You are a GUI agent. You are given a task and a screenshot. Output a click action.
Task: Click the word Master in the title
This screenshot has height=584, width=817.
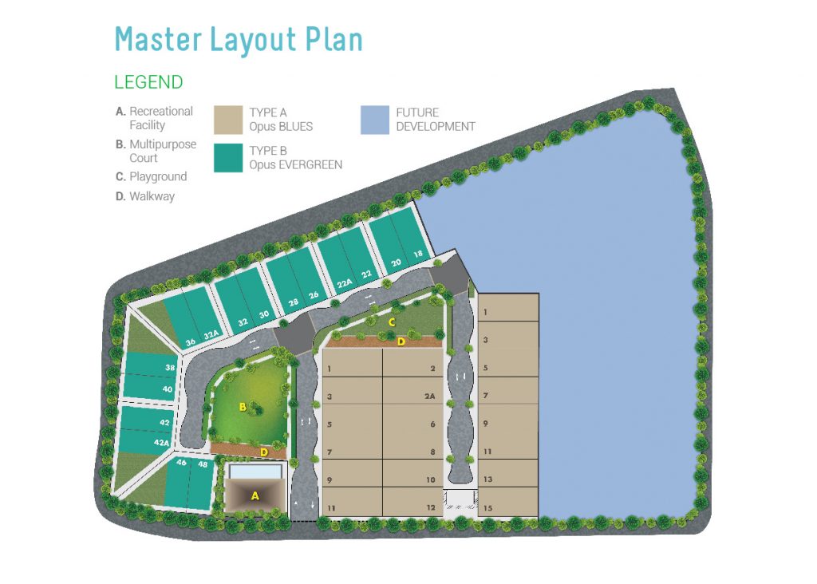(158, 40)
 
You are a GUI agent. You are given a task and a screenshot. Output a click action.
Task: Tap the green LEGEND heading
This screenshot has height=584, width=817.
(148, 82)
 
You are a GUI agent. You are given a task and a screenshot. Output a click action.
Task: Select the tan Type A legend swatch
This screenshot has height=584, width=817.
(228, 120)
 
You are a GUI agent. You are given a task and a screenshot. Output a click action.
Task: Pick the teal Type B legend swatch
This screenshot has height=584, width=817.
(228, 158)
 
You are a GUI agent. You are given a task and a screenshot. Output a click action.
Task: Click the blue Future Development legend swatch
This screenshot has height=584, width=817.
(375, 120)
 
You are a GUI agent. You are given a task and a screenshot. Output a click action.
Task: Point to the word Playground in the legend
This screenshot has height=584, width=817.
(158, 177)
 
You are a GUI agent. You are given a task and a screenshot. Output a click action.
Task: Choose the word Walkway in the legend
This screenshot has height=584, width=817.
(152, 196)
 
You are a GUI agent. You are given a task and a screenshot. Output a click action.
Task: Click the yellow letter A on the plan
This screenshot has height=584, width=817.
(255, 496)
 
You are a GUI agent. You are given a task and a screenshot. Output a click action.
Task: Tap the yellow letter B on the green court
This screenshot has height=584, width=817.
(243, 407)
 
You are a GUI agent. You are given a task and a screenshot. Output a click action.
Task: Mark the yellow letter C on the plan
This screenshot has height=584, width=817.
(392, 322)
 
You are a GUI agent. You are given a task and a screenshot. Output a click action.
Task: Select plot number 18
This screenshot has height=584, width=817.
(418, 255)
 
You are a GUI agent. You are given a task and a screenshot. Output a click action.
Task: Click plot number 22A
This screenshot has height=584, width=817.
(345, 283)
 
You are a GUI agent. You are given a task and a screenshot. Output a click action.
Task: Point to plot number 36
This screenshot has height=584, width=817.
(191, 342)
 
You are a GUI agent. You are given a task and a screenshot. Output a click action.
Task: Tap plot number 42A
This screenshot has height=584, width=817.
(161, 443)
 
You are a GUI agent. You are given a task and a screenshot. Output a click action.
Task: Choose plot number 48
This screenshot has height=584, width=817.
(203, 464)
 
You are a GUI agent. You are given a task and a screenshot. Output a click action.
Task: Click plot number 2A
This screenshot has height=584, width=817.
(429, 397)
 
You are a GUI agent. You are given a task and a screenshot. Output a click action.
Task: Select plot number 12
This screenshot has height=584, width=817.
(431, 507)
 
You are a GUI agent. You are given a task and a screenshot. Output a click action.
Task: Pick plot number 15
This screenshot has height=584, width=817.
(487, 508)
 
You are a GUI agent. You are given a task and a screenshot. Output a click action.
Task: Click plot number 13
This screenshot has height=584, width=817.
(487, 479)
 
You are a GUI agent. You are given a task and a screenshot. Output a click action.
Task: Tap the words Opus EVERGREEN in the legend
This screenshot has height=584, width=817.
(295, 165)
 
